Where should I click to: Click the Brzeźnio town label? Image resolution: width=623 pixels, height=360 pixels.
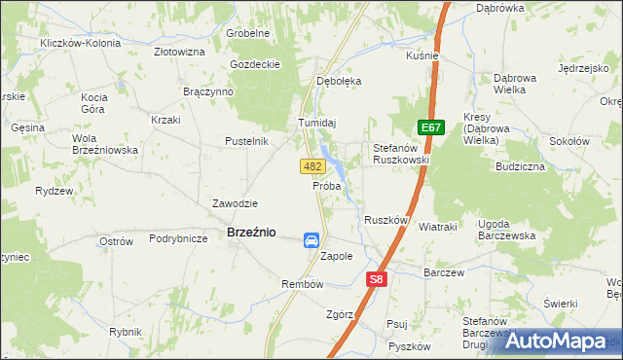click(251, 233)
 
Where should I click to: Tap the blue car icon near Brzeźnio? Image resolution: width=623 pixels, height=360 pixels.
click(311, 240)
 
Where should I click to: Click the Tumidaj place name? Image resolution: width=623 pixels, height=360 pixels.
click(316, 123)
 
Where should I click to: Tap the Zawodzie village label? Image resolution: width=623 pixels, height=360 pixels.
click(235, 203)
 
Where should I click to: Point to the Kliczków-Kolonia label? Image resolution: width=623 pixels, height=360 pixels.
click(81, 44)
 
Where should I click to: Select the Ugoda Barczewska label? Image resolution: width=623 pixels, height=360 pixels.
click(507, 230)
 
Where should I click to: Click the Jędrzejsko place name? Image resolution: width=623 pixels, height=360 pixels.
click(582, 69)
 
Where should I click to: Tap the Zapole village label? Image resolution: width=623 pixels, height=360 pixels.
click(336, 257)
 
